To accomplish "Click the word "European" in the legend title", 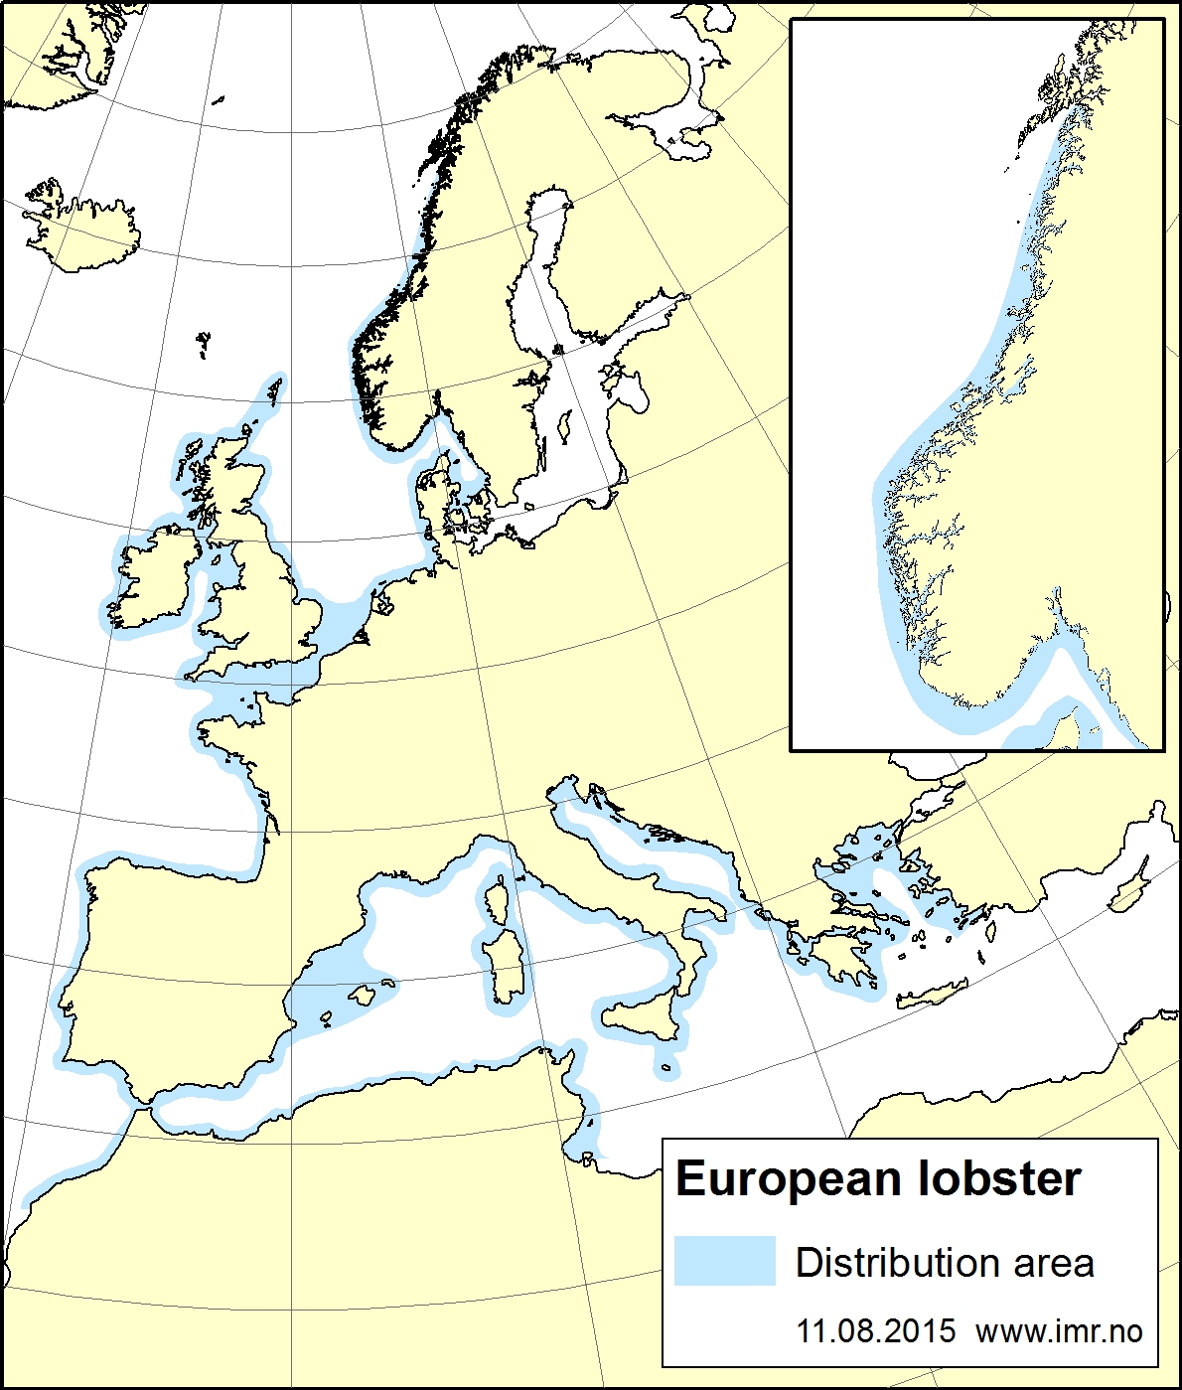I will [788, 1179].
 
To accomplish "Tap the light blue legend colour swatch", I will [724, 1261].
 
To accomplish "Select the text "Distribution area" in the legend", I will [945, 1263].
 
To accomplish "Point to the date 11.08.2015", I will [876, 1331].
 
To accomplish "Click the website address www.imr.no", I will [1059, 1331].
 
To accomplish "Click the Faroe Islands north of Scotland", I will [204, 344].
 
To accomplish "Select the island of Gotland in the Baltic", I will [565, 428].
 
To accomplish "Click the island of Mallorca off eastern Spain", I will [362, 994].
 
